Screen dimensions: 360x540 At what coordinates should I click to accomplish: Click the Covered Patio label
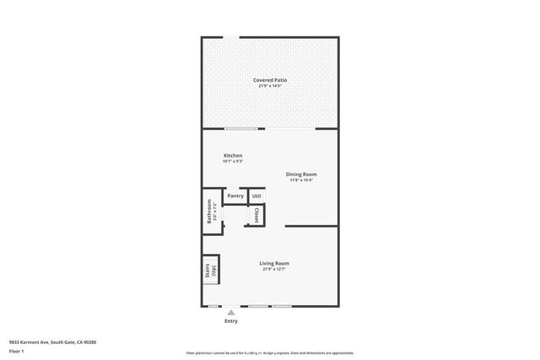coord(270,80)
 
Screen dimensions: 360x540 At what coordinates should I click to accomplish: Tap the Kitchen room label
coord(233,156)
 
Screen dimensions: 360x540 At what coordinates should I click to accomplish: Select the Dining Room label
coord(301,175)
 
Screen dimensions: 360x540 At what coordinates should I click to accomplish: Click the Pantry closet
coord(235,196)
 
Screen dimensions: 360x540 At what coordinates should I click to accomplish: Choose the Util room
coord(256,196)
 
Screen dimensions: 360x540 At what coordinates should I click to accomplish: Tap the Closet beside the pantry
coord(256,215)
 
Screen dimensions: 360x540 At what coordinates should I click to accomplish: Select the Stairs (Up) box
coord(210,271)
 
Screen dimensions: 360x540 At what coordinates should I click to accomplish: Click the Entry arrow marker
coord(230,311)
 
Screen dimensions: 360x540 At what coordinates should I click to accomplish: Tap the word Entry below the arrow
coord(230,320)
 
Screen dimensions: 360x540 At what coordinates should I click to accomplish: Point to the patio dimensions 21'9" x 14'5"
coord(270,86)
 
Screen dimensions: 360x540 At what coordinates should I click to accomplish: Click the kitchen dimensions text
coord(233,162)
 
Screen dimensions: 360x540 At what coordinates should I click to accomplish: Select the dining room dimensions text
coord(301,180)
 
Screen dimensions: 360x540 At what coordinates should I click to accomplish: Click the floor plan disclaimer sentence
coord(269,352)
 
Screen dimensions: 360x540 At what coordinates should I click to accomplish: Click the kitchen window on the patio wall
coord(241,128)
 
